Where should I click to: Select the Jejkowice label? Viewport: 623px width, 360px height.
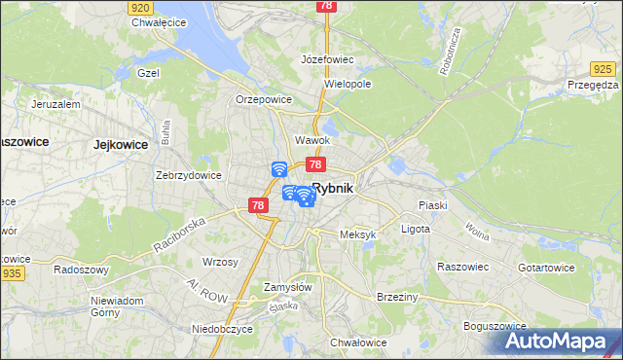tap(121, 144)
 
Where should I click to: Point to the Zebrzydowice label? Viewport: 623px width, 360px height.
tap(189, 175)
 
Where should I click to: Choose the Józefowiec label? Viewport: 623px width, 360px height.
tap(327, 59)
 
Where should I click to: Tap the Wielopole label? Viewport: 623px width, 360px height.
tap(348, 84)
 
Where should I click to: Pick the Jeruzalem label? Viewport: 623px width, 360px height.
tap(55, 103)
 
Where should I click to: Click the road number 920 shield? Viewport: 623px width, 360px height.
tap(138, 6)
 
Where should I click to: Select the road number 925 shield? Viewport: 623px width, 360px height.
tap(604, 68)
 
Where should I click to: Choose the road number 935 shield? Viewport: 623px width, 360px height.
tap(13, 274)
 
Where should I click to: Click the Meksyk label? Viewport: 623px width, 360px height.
tap(357, 234)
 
